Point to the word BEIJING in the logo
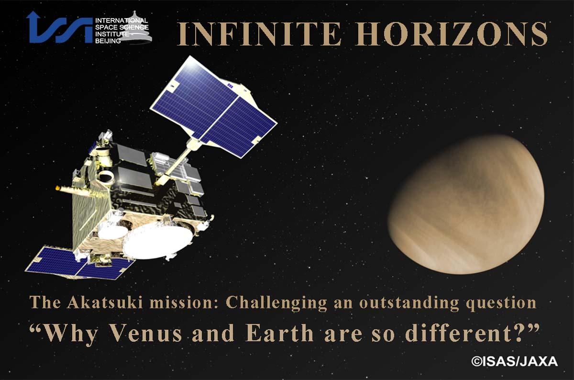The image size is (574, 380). point(108,41)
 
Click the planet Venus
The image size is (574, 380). point(466,204)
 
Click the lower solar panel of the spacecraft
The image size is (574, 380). point(79,263)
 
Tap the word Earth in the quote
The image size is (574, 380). point(279,333)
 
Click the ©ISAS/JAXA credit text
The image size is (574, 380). point(515,361)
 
